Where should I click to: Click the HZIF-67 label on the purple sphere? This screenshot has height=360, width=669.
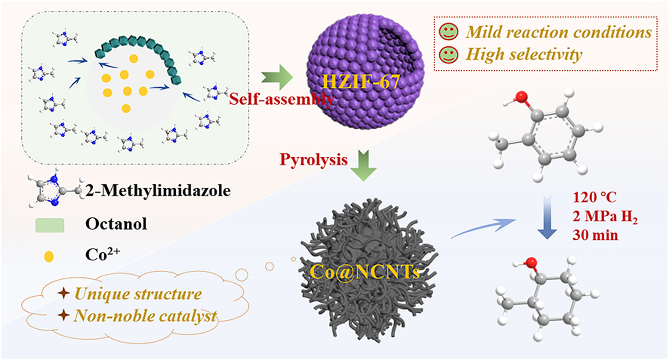(361, 82)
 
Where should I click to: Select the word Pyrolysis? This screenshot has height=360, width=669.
(313, 160)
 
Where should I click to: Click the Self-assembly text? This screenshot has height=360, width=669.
(281, 99)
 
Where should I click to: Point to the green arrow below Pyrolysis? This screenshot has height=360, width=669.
(363, 165)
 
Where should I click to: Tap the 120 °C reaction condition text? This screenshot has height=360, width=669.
(594, 197)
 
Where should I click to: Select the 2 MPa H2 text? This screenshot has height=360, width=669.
(605, 217)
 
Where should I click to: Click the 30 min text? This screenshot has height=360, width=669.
(595, 235)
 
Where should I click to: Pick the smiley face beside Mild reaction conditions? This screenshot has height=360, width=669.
(449, 32)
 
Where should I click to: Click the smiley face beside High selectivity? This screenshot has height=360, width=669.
(449, 55)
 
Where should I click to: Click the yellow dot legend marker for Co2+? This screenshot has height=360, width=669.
(49, 256)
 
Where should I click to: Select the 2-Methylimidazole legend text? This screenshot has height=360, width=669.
(158, 190)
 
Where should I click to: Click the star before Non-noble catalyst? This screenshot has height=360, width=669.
(63, 315)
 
